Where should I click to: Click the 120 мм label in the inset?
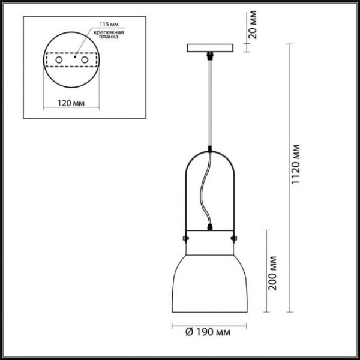tap(70, 103)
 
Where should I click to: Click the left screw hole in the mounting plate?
tap(59, 61)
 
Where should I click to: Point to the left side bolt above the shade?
tap(185, 239)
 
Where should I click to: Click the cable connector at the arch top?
tap(210, 148)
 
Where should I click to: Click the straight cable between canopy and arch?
tap(210, 102)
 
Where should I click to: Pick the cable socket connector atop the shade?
tap(210, 227)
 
